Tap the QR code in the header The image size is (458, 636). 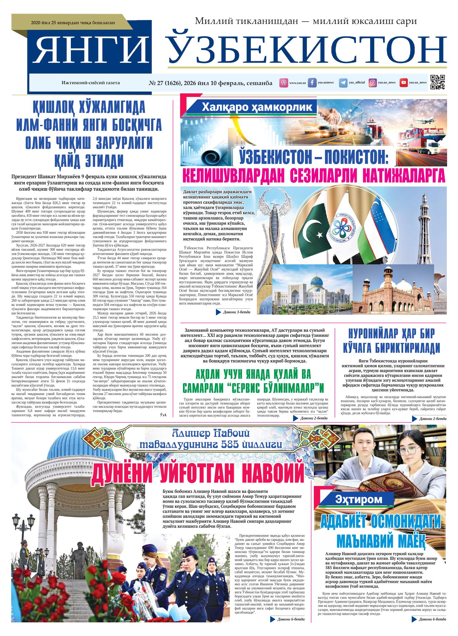(437, 82)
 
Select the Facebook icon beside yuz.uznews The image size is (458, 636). (312, 82)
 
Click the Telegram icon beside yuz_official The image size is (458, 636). (343, 82)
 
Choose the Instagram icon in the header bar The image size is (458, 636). (373, 82)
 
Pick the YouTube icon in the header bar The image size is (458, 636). (403, 82)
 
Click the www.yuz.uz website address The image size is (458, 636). (297, 83)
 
